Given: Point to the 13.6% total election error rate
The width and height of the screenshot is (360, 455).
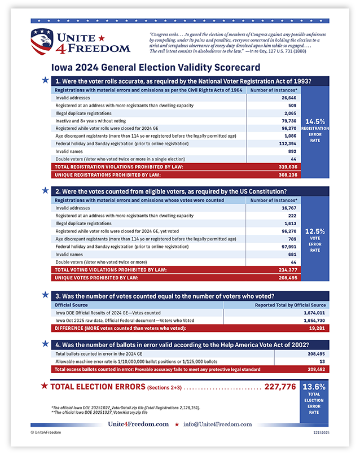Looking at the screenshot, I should tap(314, 387).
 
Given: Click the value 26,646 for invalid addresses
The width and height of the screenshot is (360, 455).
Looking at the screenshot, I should tap(289, 98).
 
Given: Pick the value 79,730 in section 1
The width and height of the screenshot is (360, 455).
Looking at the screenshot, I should tap(289, 120).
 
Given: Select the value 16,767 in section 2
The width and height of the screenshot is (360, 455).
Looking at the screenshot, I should tap(289, 208).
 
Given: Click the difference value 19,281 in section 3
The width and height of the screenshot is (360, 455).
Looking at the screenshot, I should tap(316, 328).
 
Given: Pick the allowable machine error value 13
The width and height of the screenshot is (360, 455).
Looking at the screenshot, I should tap(322, 361).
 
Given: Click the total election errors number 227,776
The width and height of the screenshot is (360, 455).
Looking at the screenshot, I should tap(280, 387).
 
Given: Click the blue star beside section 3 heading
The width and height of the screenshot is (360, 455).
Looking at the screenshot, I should tap(45, 295).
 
